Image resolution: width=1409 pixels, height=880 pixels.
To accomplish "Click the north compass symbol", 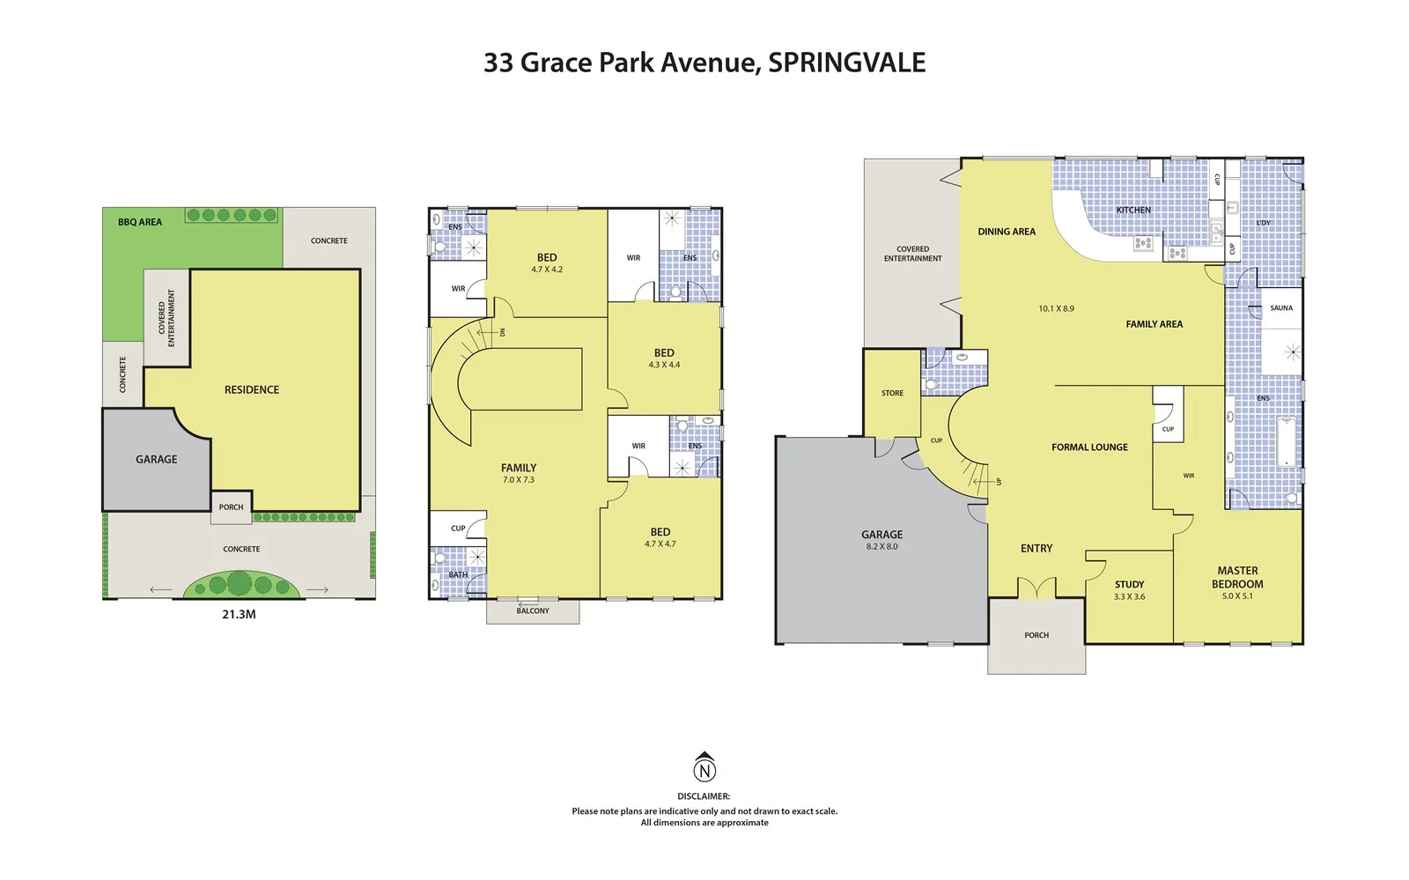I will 704,768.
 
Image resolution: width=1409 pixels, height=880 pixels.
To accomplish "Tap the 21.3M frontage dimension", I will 239,615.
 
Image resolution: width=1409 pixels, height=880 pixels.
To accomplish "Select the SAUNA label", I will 1281,308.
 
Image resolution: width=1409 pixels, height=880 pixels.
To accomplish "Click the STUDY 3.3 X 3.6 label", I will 1129,590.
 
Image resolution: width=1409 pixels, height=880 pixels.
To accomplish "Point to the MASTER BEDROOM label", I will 1237,578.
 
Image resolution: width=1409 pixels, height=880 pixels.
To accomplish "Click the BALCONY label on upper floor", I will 533,611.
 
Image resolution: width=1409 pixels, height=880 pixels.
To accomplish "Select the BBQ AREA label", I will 140,222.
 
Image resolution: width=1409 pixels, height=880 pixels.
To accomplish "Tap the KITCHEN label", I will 1133,210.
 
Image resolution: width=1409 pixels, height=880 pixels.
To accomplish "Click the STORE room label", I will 892,393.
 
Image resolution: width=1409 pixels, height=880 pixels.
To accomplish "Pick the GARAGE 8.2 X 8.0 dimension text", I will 882,547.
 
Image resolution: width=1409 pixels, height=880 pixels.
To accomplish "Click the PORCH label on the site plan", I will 231,507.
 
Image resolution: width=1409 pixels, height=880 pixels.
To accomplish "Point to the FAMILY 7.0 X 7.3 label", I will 519,474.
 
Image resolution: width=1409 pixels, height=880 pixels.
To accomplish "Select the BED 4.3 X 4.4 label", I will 664,359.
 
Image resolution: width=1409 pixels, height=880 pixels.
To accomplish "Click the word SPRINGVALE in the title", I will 846,63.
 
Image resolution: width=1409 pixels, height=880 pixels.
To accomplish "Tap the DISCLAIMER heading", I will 704,796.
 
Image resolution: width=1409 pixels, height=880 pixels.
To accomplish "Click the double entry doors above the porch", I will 1036,588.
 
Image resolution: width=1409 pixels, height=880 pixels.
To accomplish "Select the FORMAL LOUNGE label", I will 1089,447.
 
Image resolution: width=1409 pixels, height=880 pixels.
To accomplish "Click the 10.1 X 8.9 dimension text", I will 1056,309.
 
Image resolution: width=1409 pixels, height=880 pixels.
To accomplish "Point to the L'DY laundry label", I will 1263,223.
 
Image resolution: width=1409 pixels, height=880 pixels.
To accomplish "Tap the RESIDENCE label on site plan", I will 252,389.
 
